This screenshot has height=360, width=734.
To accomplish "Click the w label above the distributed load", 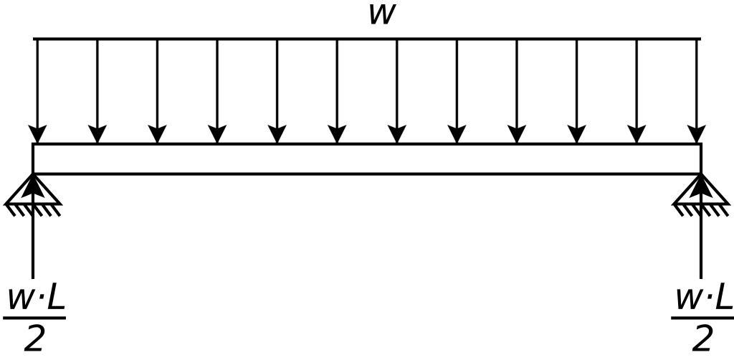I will [381, 15].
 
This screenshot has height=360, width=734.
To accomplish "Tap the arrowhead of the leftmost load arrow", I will [37, 134].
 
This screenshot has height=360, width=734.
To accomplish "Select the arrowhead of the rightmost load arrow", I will [696, 134].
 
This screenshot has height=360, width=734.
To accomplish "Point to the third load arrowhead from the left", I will [157, 134].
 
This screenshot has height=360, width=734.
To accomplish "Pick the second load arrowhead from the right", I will [637, 134].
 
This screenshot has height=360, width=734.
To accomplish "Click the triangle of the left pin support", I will [33, 189].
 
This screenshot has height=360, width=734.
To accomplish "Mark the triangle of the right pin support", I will [700, 189].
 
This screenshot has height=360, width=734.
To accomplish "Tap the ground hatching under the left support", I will [33, 209].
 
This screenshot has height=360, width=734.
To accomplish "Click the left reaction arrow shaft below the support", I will [33, 244].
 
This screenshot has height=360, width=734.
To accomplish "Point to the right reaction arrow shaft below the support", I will [700, 244].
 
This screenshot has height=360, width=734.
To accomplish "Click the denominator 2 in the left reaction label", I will [34, 338].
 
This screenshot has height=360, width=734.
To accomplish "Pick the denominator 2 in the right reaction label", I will [702, 338].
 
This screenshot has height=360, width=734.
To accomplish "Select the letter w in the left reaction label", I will [19, 300].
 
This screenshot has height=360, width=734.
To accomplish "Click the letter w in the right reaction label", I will [687, 300].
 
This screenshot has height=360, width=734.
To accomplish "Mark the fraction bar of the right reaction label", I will [702, 317].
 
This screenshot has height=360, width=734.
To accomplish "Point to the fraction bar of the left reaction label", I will [34, 317].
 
